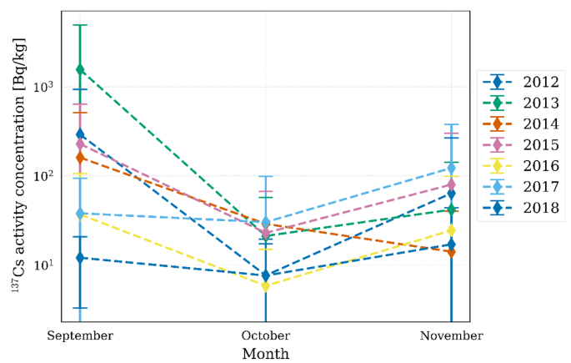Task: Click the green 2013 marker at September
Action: point(81,69)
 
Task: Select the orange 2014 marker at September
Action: point(81,157)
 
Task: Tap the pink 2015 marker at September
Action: point(81,144)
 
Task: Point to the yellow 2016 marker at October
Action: point(266,286)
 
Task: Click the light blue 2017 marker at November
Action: point(452,169)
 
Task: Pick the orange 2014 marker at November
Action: point(452,251)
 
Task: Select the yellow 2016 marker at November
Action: point(452,230)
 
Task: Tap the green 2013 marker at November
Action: point(452,209)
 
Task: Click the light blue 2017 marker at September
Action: point(81,214)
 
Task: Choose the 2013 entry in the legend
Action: point(541,103)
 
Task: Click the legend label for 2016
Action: point(541,166)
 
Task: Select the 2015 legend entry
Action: point(541,145)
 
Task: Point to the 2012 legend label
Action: point(541,82)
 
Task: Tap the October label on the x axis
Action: point(266,335)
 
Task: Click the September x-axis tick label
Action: point(81,335)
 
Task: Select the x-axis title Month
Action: point(266,354)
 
